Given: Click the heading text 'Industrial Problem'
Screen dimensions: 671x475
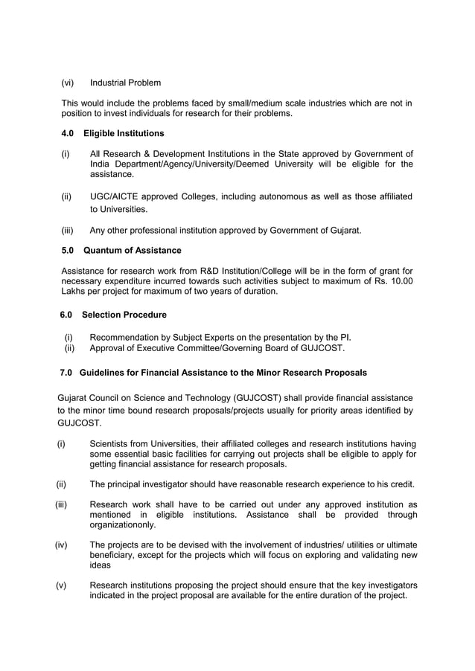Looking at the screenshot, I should (x=124, y=82).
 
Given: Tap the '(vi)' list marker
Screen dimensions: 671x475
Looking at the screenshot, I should (x=67, y=82).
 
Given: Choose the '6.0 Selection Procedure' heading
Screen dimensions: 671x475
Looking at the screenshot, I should (x=113, y=315).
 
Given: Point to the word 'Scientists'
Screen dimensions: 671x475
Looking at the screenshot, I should (x=112, y=444).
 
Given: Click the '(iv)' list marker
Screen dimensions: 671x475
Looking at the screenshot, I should (x=61, y=545).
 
